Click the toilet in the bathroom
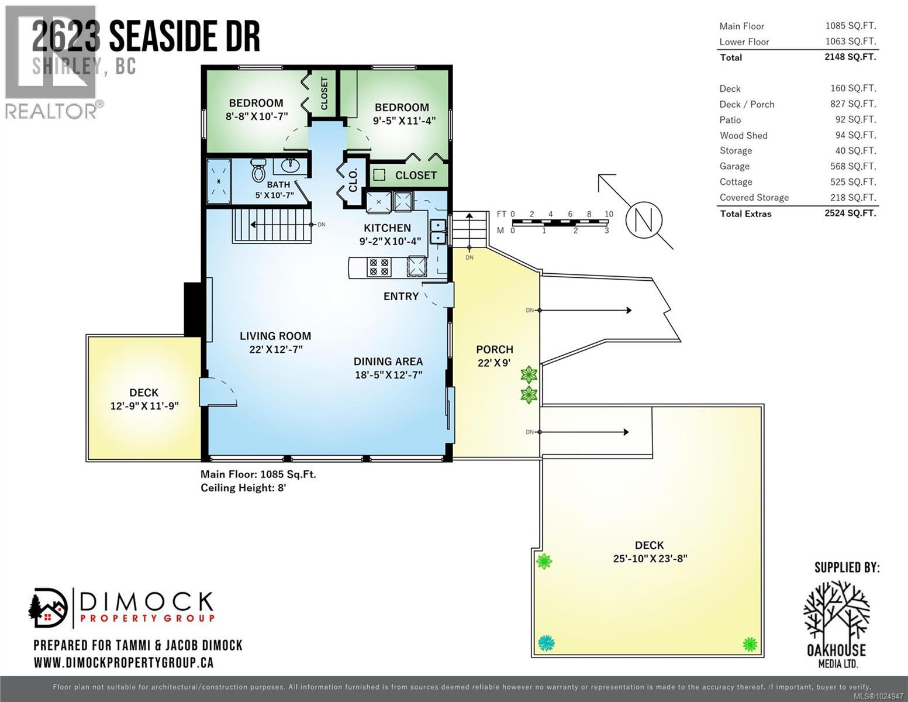(x=258, y=170)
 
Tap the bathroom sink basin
(x=290, y=166)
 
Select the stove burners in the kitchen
(x=378, y=267)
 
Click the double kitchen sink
(x=437, y=231)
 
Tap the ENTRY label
(x=401, y=297)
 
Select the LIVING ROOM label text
(x=275, y=336)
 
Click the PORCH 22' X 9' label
(x=495, y=356)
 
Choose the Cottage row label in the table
(x=736, y=182)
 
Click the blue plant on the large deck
(x=546, y=643)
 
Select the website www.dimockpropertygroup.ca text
(x=123, y=663)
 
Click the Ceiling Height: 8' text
(x=243, y=487)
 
